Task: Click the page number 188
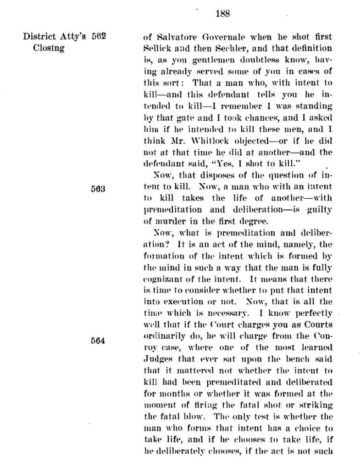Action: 222,13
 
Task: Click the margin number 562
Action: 99,37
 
